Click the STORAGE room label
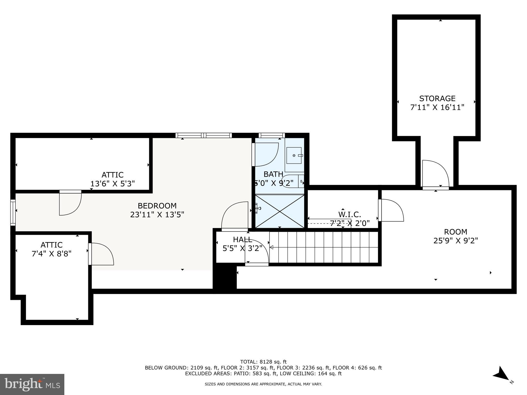pos(437,98)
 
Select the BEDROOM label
pos(157,206)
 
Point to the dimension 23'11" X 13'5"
pos(157,214)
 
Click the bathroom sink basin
pos(294,155)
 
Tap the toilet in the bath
pos(292,181)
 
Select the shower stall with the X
pos(280,211)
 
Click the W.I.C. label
pos(349,214)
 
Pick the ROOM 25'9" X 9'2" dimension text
pos(455,241)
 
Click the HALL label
pos(242,240)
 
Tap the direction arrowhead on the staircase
pos(271,247)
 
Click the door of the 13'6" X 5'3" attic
pos(70,203)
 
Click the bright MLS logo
pos(32,384)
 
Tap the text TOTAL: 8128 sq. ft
pos(263,362)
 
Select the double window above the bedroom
pos(204,135)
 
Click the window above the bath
pos(271,135)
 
